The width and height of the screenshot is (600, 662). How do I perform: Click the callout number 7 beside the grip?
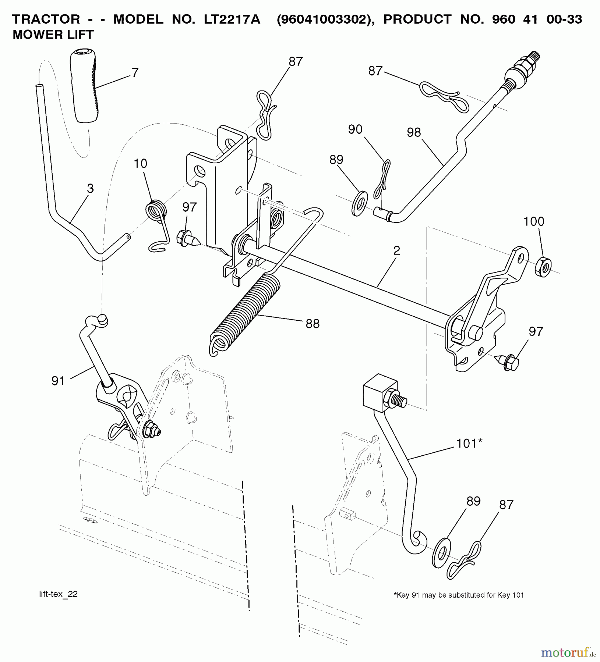135,73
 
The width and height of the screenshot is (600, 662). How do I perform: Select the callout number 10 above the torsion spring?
141,163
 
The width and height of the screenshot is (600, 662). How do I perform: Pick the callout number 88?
312,324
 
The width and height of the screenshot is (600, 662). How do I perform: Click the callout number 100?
534,221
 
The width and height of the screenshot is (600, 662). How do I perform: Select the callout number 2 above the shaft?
396,251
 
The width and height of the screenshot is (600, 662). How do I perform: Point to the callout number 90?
355,129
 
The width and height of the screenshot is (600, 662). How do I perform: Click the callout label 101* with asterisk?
469,444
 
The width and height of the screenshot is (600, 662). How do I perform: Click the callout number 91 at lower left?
58,381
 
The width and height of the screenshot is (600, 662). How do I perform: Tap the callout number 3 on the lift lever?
90,189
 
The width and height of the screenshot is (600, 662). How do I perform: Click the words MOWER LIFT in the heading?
53,35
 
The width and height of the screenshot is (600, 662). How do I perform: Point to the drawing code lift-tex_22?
59,595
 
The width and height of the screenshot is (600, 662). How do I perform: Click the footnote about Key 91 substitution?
458,595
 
